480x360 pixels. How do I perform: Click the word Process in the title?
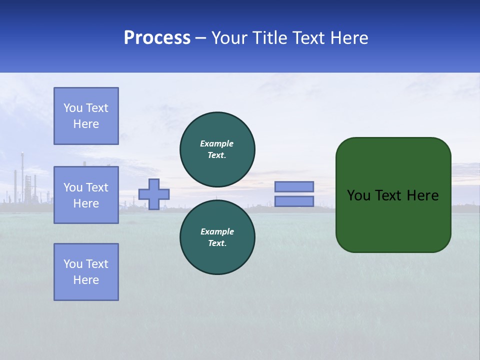click(x=157, y=38)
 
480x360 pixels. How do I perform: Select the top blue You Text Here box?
click(x=86, y=116)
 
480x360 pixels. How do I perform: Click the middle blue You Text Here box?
click(x=86, y=195)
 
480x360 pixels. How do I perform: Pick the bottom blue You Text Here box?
click(x=86, y=272)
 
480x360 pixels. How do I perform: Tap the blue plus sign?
click(x=154, y=194)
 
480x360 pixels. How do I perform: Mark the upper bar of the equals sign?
click(x=294, y=186)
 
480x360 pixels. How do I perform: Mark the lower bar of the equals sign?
click(x=294, y=201)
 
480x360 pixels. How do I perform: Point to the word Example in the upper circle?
click(x=217, y=143)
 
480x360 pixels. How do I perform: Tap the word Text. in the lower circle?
click(x=217, y=243)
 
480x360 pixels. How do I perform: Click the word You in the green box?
click(x=358, y=195)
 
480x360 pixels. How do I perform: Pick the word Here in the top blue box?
click(x=86, y=124)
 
